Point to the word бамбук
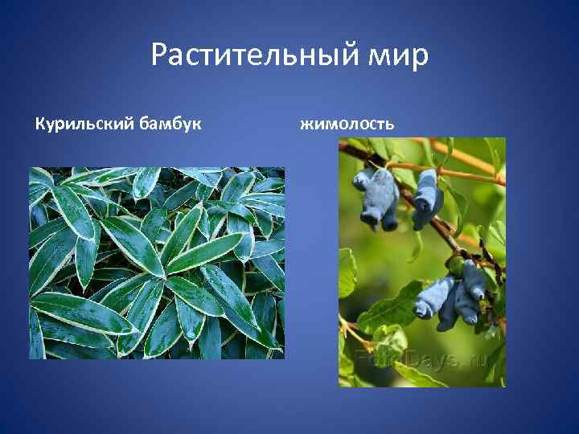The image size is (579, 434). pyautogui.click(x=171, y=124)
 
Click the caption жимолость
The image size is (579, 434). pyautogui.click(x=347, y=124)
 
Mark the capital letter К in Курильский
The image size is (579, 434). pyautogui.click(x=39, y=124)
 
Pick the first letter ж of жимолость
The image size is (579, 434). pyautogui.click(x=306, y=125)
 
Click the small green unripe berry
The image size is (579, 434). pyautogui.click(x=456, y=266)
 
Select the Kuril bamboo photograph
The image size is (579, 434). pyautogui.click(x=157, y=263)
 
